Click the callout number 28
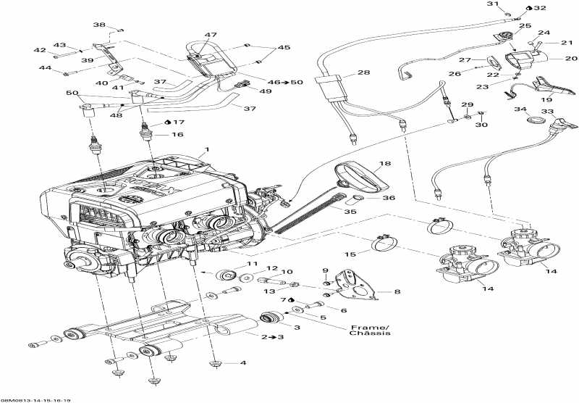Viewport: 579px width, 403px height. pos(363,73)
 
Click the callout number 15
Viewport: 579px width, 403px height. pos(350,254)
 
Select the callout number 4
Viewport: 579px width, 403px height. pos(243,362)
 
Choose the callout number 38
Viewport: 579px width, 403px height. pos(98,25)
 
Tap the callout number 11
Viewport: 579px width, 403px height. pos(253,265)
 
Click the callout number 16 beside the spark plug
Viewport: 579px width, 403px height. pos(177,134)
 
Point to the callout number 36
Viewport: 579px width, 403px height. pos(389,198)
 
